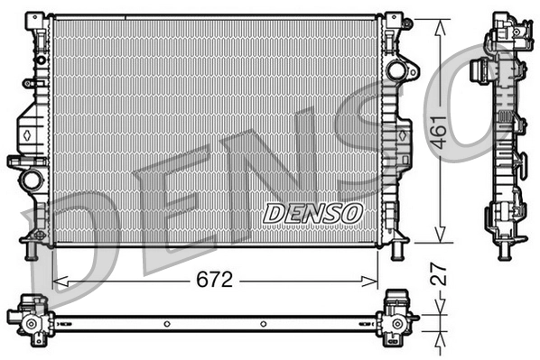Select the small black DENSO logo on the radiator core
pos(312,213)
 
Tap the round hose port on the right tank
pos(396,70)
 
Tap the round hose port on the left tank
pos(33,178)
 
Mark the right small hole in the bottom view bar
pos(262,321)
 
